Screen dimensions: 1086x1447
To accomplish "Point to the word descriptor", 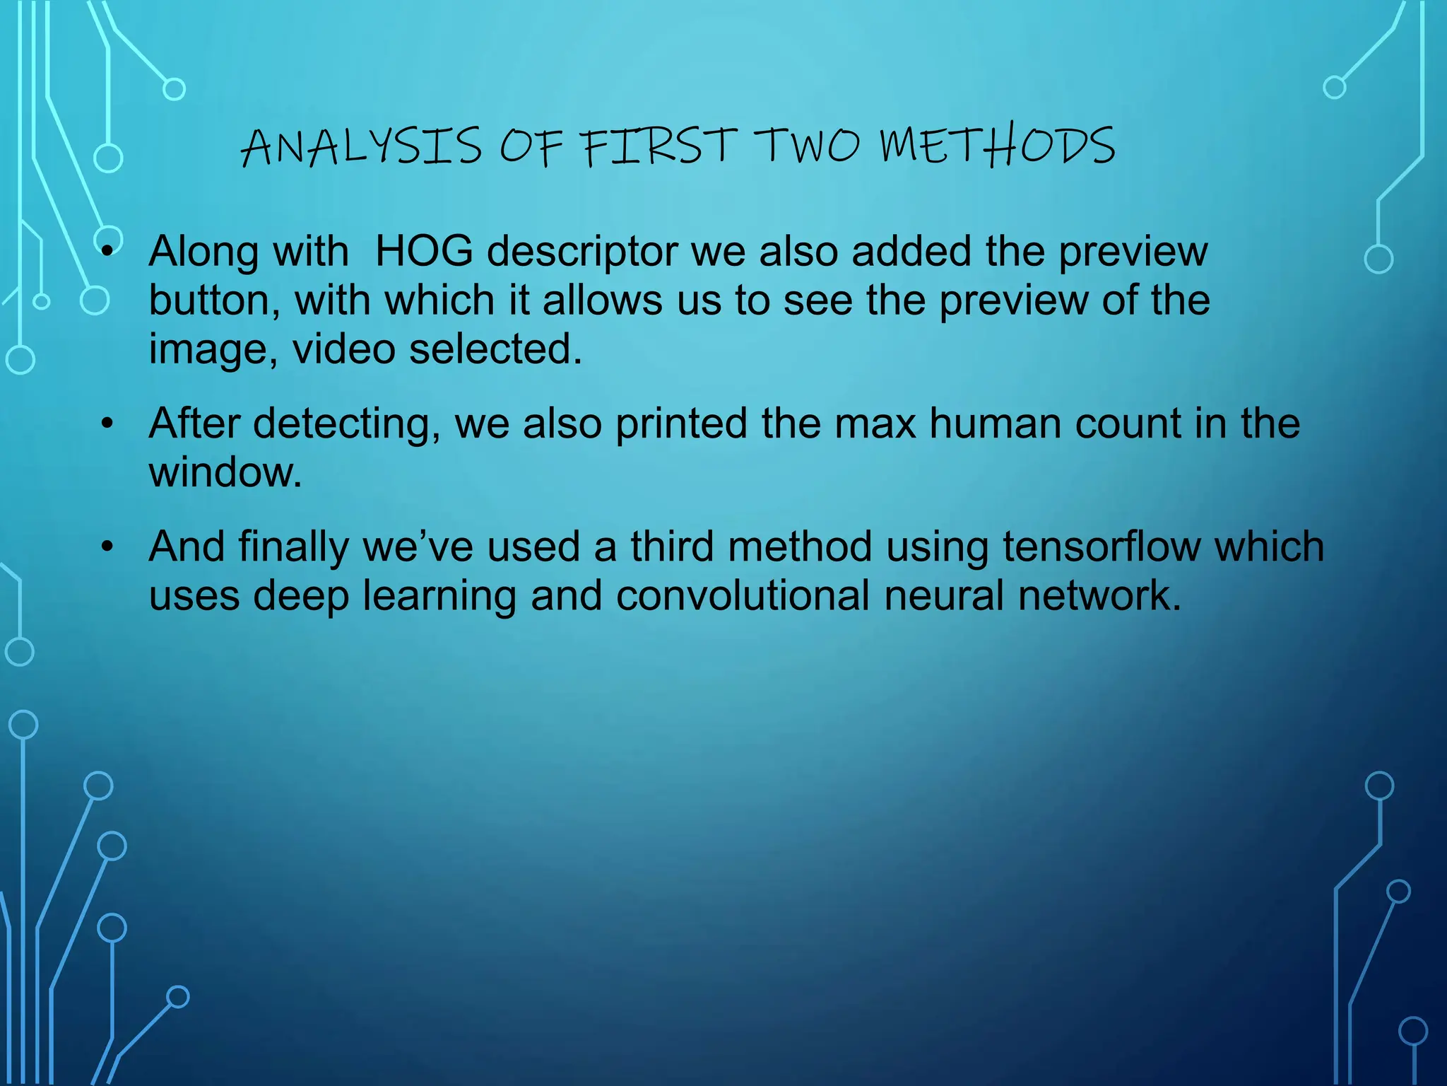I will point(582,252).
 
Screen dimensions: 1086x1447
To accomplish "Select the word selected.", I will point(496,349).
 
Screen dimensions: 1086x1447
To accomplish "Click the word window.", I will point(225,472).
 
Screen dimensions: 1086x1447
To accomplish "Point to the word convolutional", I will point(743,595).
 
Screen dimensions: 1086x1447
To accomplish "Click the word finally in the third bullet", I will point(293,547).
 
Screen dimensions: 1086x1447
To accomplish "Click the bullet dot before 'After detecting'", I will point(107,424).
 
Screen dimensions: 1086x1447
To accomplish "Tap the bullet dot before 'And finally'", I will point(107,547).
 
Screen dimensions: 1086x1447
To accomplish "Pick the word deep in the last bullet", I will point(301,597).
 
